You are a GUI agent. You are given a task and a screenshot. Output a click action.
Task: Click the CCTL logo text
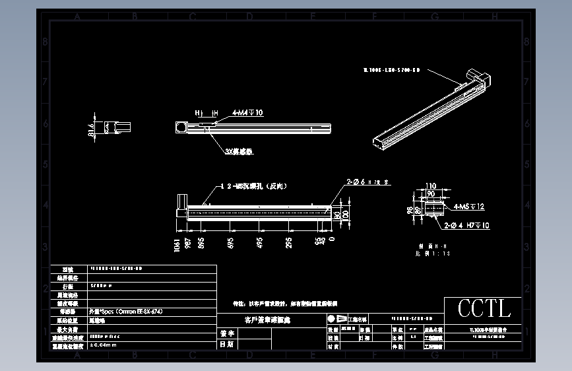coord(484,308)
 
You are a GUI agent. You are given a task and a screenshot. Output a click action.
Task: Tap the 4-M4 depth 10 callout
coord(247,113)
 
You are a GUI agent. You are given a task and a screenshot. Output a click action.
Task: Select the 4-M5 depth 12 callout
coord(469,207)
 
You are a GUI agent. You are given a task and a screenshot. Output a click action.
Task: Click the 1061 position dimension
coord(176,244)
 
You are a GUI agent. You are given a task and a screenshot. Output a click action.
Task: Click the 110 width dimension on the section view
coord(431,186)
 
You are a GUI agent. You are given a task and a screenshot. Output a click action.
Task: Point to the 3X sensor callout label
coord(239,151)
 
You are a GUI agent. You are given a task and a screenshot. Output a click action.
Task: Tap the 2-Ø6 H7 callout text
coord(368,181)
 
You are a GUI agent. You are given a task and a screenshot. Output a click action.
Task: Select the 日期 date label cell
coord(226,344)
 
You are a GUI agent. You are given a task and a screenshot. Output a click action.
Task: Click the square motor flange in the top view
coord(180,127)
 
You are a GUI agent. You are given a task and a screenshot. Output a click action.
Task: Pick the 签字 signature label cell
coord(226,333)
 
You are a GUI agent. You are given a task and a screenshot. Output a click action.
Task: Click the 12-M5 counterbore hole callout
coord(248,187)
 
